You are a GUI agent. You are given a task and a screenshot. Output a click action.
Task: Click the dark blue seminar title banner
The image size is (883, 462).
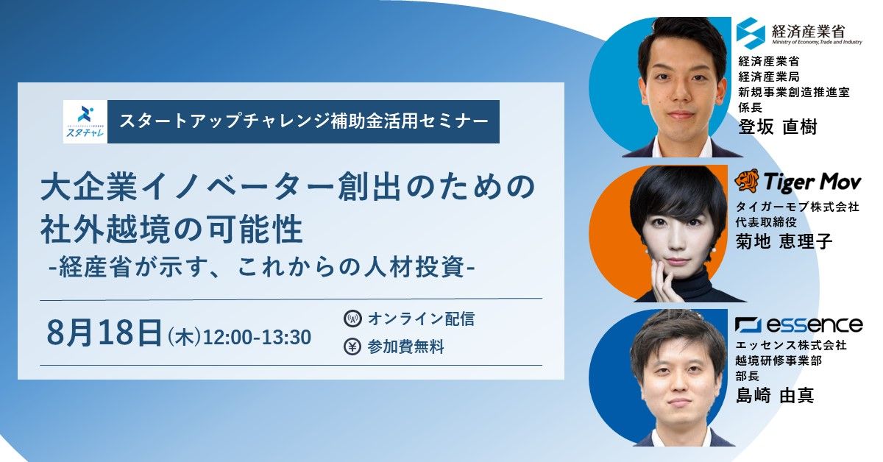pos(303,121)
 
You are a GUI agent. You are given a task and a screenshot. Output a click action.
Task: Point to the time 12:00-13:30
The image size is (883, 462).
pos(257,337)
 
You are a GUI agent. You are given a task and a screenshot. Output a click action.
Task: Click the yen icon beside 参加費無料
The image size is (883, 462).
pos(352,346)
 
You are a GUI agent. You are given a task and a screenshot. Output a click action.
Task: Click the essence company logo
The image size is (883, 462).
pos(799,324)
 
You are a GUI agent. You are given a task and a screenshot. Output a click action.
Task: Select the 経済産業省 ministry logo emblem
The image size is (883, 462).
pos(751,33)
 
